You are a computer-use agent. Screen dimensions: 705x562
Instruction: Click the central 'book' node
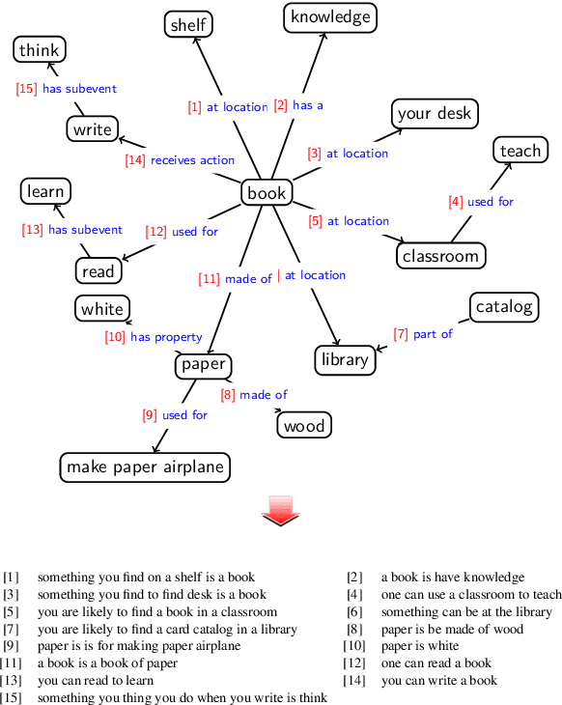[x=267, y=193]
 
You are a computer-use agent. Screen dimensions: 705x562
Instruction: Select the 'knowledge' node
[x=330, y=16]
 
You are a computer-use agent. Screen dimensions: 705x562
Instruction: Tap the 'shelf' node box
[x=188, y=25]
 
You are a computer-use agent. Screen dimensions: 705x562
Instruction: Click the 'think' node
[x=39, y=50]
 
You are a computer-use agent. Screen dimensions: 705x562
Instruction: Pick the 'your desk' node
[x=435, y=113]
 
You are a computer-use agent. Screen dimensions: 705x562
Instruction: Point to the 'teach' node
[x=520, y=151]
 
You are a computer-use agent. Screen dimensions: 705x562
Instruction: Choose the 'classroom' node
[x=440, y=256]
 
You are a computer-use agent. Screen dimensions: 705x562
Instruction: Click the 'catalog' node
[x=504, y=307]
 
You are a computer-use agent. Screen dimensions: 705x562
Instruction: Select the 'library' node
[x=345, y=359]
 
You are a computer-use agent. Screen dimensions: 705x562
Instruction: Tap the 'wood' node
[x=304, y=425]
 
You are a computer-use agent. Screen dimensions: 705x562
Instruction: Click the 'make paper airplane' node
[x=145, y=467]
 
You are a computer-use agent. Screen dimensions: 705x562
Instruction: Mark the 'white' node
[x=102, y=309]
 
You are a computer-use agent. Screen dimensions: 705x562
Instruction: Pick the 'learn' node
[x=45, y=191]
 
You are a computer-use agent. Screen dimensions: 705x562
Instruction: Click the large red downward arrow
[x=281, y=510]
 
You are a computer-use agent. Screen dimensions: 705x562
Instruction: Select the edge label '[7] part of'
[x=423, y=334]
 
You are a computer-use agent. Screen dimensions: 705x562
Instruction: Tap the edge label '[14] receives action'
[x=180, y=159]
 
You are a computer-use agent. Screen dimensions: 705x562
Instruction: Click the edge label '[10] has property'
[x=154, y=337]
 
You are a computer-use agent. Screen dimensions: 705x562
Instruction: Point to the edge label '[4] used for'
[x=481, y=202]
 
